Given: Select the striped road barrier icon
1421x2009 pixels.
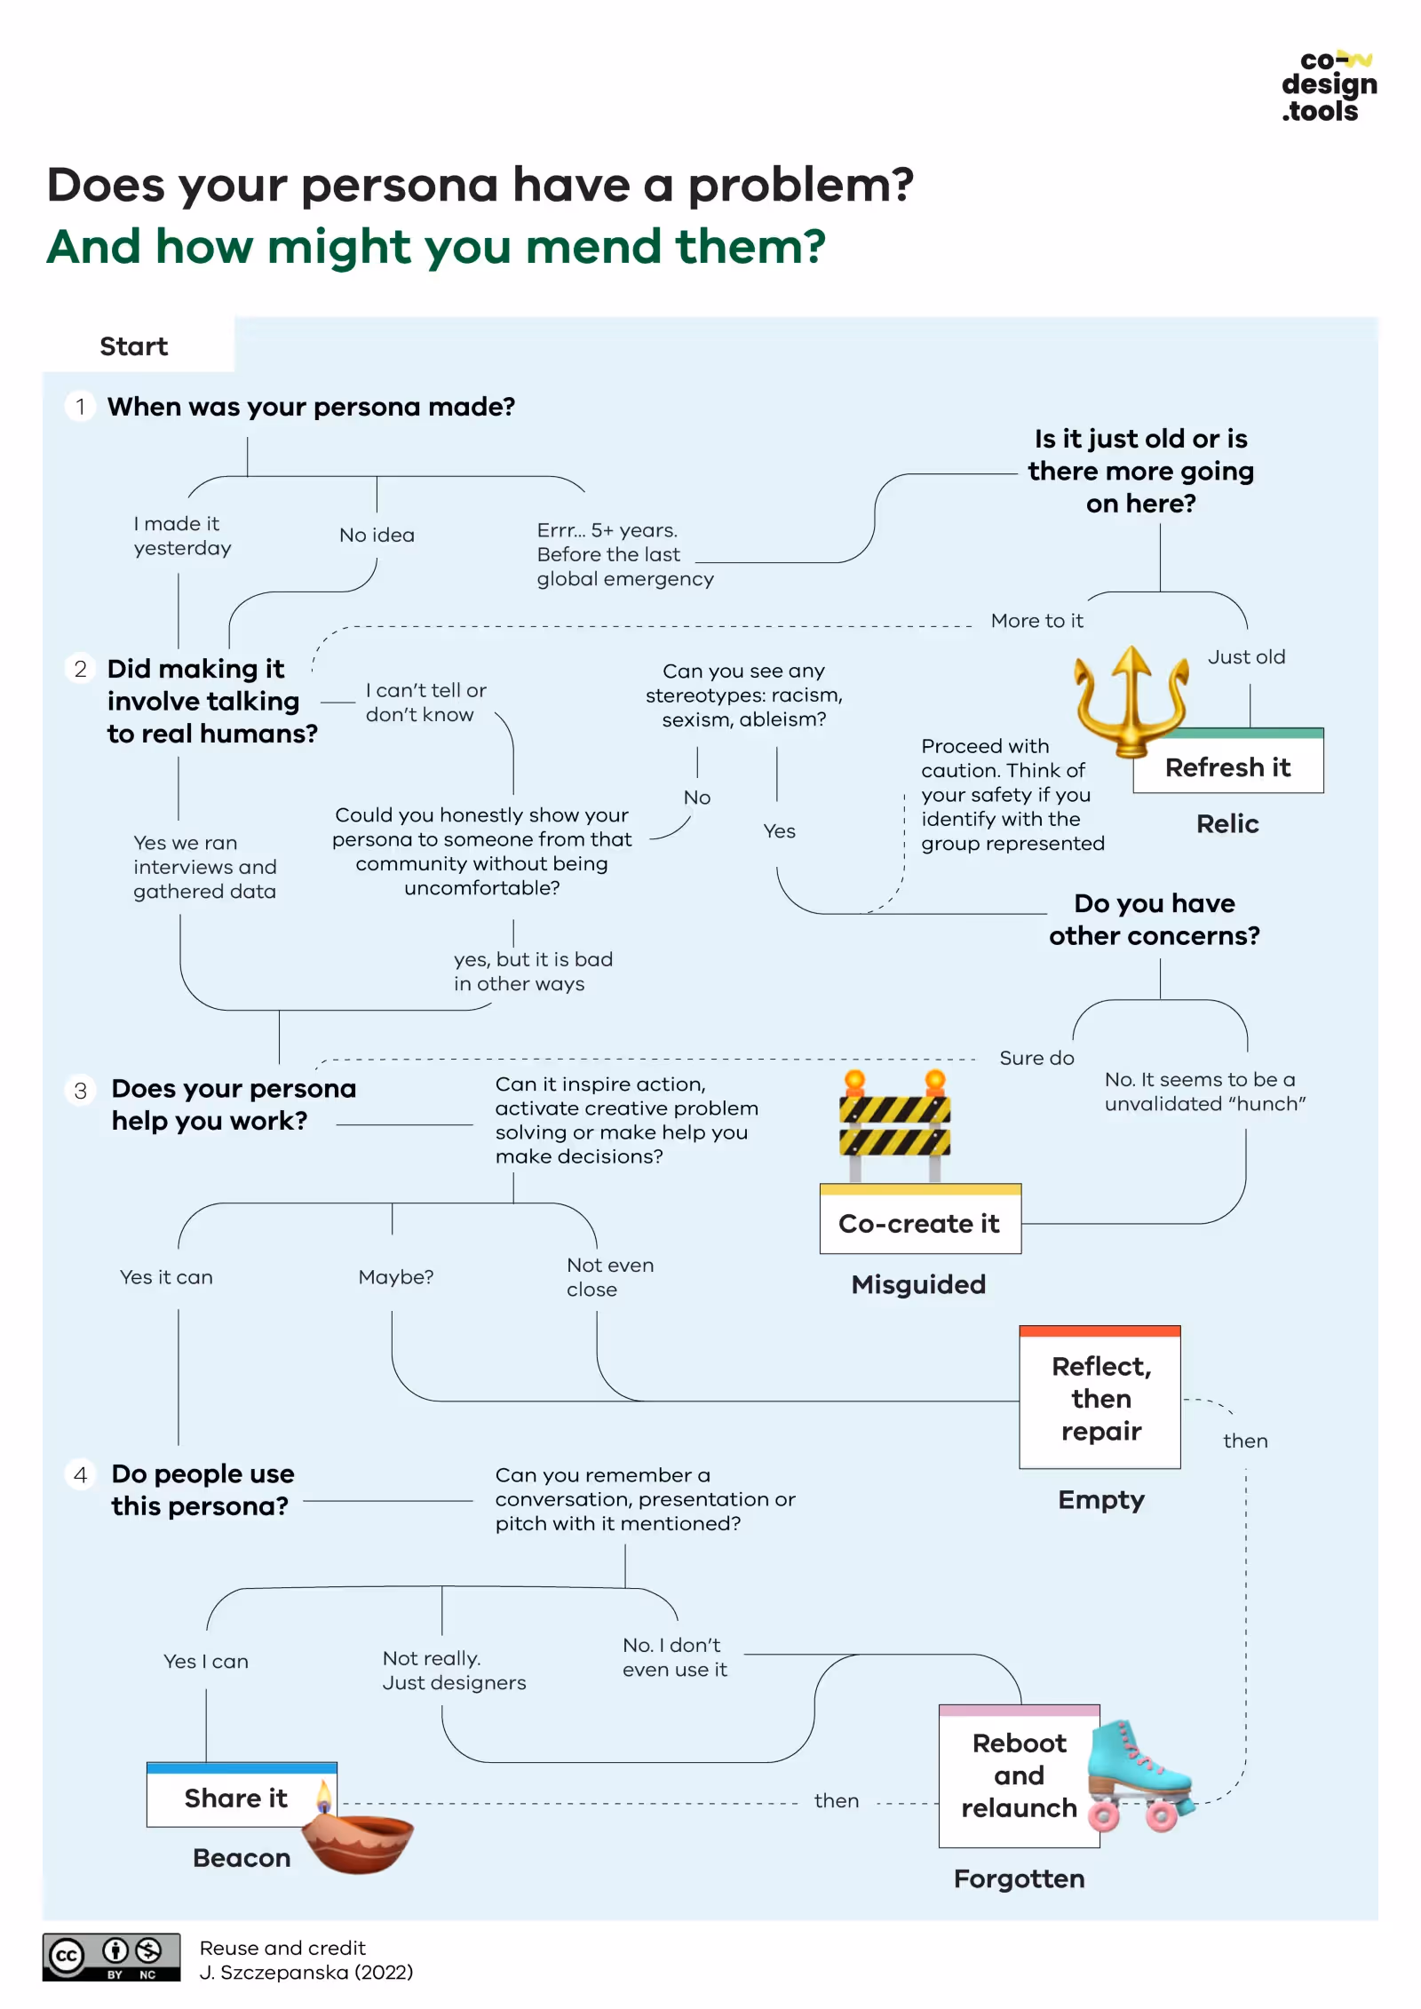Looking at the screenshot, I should pos(894,1125).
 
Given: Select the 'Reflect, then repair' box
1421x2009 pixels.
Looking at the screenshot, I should pos(1099,1397).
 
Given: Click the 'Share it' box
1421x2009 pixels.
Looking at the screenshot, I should pos(235,1797).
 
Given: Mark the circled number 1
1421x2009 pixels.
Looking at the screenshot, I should pos(81,407).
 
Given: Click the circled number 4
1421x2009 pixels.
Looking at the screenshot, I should pos(81,1474).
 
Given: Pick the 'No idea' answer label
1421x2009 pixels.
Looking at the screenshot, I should pos(377,535).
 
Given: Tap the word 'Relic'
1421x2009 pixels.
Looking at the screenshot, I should pos(1227,823).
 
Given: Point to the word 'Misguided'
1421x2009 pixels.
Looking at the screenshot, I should pos(918,1283).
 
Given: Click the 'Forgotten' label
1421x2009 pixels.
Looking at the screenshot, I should pos(1019,1878).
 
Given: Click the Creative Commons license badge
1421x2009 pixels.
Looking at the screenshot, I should pos(111,1957).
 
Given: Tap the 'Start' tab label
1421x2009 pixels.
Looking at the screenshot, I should pos(133,345).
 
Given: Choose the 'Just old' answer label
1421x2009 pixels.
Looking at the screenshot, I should pos(1246,656).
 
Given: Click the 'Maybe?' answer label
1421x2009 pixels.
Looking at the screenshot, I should pos(395,1276).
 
